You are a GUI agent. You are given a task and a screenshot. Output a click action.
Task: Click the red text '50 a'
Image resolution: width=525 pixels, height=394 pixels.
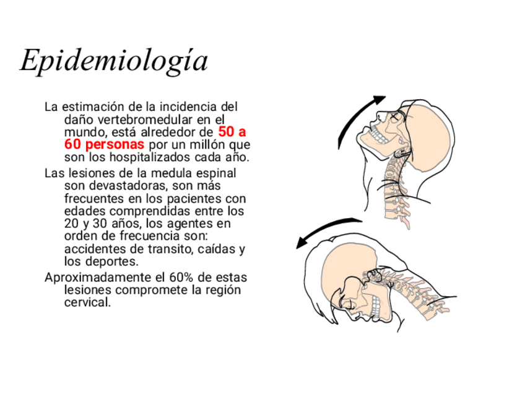tap(232, 132)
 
